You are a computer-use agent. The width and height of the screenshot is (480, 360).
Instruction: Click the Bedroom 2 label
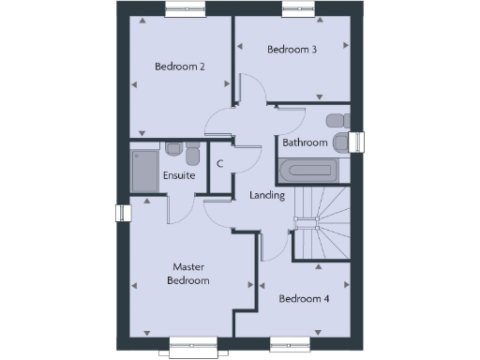pyautogui.click(x=179, y=66)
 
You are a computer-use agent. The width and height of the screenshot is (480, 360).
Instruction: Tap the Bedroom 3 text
pyautogui.click(x=291, y=49)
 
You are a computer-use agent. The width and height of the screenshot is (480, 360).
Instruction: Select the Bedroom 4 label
pyautogui.click(x=304, y=298)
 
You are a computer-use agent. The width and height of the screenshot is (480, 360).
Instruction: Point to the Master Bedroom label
pyautogui.click(x=187, y=274)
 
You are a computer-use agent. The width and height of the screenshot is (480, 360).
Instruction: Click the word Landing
pyautogui.click(x=267, y=195)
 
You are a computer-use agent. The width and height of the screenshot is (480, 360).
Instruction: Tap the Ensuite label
pyautogui.click(x=179, y=175)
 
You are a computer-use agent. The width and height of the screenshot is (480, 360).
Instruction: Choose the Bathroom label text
pyautogui.click(x=306, y=142)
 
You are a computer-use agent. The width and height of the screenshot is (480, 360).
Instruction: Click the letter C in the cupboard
pyautogui.click(x=219, y=164)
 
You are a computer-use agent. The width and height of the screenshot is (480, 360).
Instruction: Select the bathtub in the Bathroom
pyautogui.click(x=306, y=171)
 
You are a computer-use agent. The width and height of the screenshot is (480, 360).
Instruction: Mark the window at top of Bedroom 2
pyautogui.click(x=184, y=10)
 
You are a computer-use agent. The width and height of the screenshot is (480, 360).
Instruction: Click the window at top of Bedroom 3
pyautogui.click(x=301, y=10)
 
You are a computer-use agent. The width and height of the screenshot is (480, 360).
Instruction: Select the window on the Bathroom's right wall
pyautogui.click(x=357, y=142)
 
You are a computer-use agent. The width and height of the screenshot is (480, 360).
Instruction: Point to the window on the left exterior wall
pyautogui.click(x=120, y=214)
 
